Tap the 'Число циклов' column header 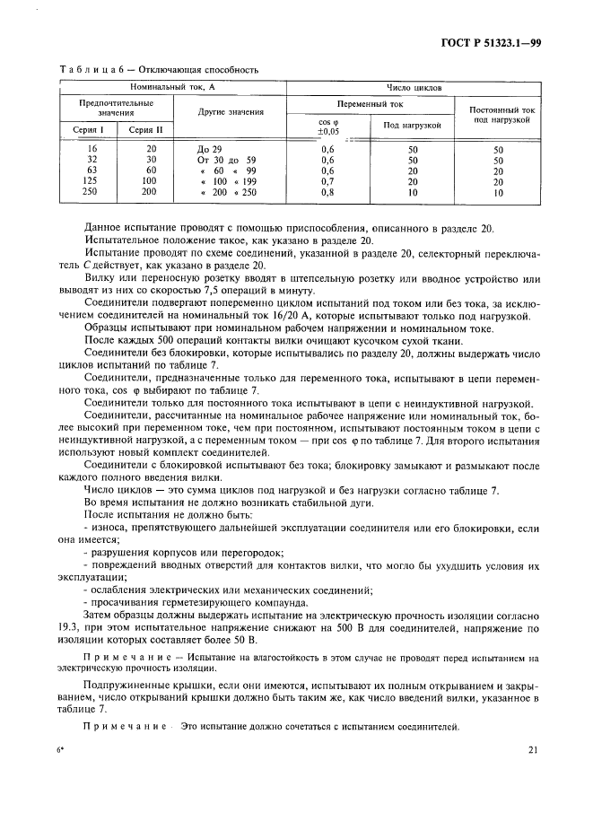[414, 88]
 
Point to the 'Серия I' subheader [88, 130]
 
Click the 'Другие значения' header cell [231, 112]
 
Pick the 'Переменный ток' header [370, 104]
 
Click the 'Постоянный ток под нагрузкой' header [498, 114]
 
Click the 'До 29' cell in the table [208, 148]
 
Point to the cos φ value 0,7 [327, 181]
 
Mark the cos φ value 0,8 [327, 192]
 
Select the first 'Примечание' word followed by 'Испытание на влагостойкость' [119, 658]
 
